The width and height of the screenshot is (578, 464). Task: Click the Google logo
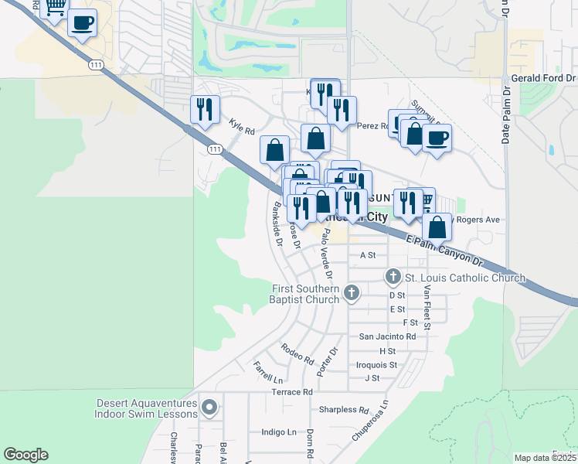(25, 455)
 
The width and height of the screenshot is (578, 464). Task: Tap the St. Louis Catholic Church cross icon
(393, 277)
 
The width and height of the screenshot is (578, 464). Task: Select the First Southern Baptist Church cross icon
(352, 292)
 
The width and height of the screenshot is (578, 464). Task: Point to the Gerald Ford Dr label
(544, 79)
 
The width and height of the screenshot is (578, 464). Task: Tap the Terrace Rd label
(291, 392)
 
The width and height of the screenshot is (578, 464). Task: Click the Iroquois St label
(377, 364)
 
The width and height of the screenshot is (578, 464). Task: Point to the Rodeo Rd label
(297, 353)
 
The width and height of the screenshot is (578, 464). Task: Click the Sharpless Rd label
(344, 410)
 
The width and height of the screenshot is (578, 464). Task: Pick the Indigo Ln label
(279, 432)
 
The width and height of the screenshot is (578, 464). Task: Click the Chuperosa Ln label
(370, 420)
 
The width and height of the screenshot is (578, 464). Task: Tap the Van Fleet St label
(427, 309)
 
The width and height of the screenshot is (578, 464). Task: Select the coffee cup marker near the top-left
(82, 23)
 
